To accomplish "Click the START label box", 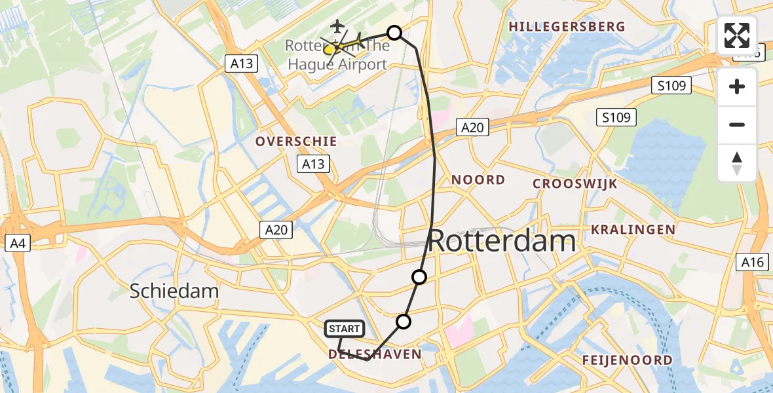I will (x=344, y=328).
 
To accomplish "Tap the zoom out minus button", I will (x=737, y=125).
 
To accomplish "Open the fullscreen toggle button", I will (x=737, y=35).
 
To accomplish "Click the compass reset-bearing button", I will (x=737, y=163).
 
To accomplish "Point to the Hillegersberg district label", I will (x=567, y=27).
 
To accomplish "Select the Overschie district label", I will (x=296, y=141).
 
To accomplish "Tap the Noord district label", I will (x=478, y=180).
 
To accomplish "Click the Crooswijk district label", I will (x=575, y=184).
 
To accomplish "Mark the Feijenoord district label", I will (x=627, y=360).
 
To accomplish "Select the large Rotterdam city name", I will (x=502, y=242).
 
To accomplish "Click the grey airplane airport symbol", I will (x=337, y=26).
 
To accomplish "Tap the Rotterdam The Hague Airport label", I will (x=336, y=56).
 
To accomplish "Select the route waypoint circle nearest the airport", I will (x=394, y=33).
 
